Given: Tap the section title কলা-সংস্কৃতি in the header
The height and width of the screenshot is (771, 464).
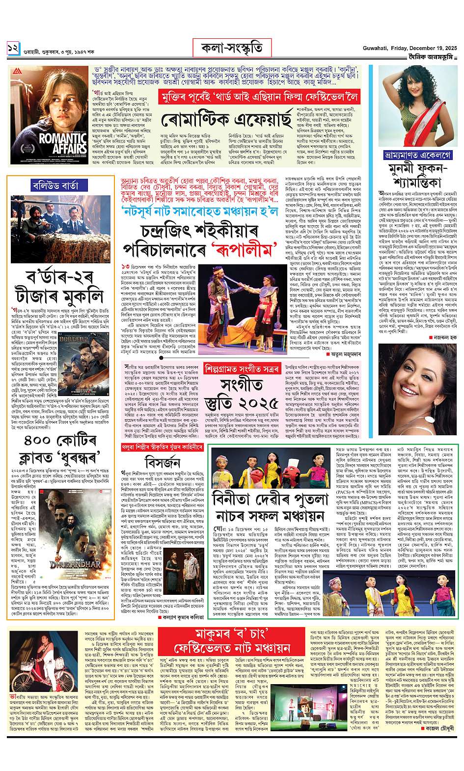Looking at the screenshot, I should point(231,48).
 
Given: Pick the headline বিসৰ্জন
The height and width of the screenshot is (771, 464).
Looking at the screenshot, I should point(162,463).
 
